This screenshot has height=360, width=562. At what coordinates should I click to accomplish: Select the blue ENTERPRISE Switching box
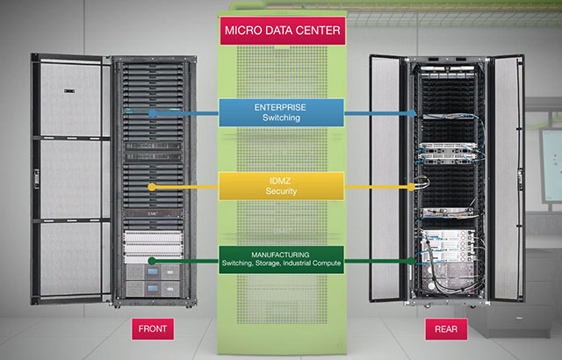tap(281, 112)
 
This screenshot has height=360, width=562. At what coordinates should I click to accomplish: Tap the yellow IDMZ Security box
tap(281, 185)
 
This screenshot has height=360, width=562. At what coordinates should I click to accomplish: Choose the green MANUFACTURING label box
tap(281, 261)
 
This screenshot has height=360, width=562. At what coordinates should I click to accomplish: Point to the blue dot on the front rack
tap(153, 112)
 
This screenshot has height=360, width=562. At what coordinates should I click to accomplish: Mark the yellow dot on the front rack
tap(153, 187)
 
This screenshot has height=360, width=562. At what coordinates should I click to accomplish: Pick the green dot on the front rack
tap(153, 261)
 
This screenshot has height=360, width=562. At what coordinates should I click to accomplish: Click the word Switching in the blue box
tap(281, 119)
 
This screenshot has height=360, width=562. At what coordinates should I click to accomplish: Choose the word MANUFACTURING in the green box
tap(281, 256)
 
